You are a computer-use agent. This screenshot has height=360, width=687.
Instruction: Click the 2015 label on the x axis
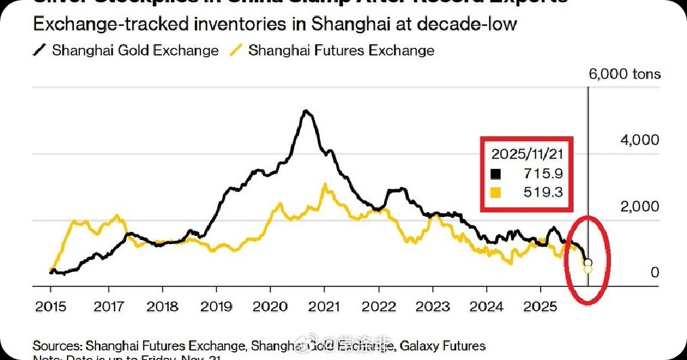[51, 305]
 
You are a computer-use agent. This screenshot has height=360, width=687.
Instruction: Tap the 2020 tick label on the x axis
[270, 305]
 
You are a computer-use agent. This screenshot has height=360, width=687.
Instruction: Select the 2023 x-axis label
[434, 305]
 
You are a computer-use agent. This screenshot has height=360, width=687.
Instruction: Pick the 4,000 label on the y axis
[640, 140]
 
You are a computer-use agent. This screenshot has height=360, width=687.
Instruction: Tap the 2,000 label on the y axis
[640, 206]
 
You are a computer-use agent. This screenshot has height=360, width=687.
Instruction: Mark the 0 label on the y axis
[654, 272]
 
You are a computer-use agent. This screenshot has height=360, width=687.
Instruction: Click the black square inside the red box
[496, 174]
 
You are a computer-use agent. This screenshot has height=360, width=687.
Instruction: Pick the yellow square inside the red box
[496, 193]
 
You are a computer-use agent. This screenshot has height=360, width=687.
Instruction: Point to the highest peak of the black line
[306, 111]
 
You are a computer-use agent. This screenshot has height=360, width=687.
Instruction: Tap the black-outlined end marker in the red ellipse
[587, 263]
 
